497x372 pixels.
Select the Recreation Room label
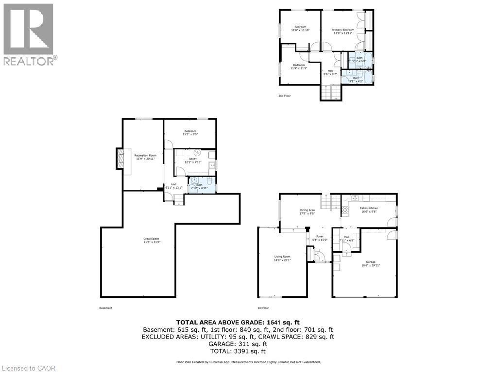pyautogui.click(x=145, y=157)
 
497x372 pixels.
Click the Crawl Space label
pyautogui.click(x=151, y=240)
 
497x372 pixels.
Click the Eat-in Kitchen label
pyautogui.click(x=369, y=210)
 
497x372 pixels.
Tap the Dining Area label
pyautogui.click(x=307, y=211)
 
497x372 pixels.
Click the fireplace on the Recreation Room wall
pyautogui.click(x=120, y=159)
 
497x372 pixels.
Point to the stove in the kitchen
pyautogui.click(x=345, y=210)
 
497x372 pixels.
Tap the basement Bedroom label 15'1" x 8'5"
pyautogui.click(x=190, y=133)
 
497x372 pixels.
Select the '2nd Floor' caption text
pyautogui.click(x=285, y=96)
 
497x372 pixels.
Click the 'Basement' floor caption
pyautogui.click(x=105, y=308)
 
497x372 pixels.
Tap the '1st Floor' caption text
pyautogui.click(x=263, y=308)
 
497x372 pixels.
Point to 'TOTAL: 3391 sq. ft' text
pyautogui.click(x=238, y=351)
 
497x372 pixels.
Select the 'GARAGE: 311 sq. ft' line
pyautogui.click(x=238, y=343)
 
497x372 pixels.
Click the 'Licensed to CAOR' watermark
pyautogui.click(x=28, y=368)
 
